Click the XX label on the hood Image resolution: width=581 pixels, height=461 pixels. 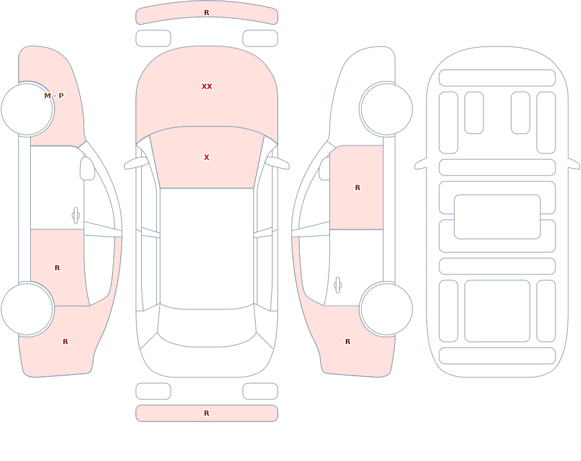[x=207, y=87]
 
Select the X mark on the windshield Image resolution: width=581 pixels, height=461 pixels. [x=207, y=158]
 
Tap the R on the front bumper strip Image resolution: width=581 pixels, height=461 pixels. [x=207, y=13]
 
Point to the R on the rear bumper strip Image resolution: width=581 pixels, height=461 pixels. [x=207, y=413]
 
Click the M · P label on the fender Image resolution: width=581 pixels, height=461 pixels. [x=54, y=96]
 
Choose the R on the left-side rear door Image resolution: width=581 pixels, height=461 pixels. [x=57, y=268]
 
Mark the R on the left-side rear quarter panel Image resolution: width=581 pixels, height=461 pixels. [x=65, y=342]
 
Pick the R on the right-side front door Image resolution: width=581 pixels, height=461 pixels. [x=357, y=188]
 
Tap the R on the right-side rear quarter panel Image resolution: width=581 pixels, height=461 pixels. [x=347, y=342]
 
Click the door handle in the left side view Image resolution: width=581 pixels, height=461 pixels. [x=76, y=216]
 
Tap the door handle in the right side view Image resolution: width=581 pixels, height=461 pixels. [x=338, y=285]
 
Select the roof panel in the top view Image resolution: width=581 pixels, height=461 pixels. [x=207, y=248]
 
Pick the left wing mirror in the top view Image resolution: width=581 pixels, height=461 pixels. [x=136, y=163]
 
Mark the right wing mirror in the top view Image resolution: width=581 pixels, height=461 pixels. [x=278, y=163]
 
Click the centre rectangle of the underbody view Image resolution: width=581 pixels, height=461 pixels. [x=497, y=217]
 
